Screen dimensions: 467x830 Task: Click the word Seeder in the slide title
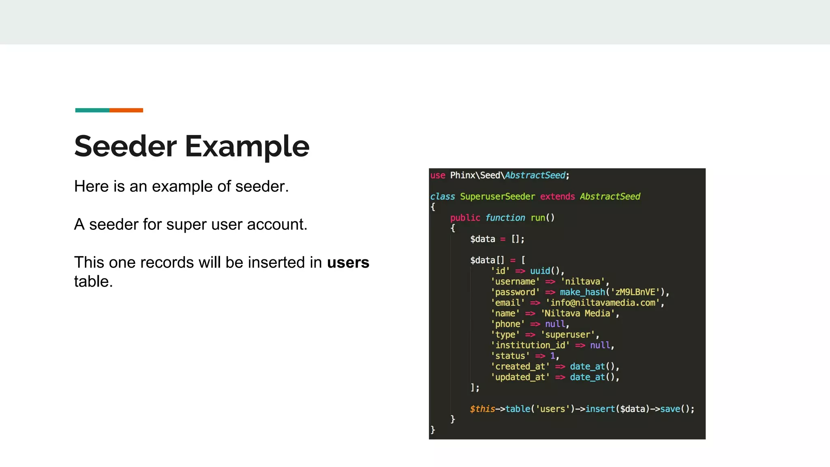click(x=125, y=146)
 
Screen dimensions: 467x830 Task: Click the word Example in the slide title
click(x=247, y=146)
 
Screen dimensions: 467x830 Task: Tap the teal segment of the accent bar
click(x=92, y=110)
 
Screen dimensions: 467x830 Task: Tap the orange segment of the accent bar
click(x=126, y=110)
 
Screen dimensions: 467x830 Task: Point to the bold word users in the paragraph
click(x=348, y=263)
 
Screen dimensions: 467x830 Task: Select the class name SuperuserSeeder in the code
click(x=497, y=197)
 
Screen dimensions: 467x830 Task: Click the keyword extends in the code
click(x=557, y=197)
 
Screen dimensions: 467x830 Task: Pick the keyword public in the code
click(x=465, y=218)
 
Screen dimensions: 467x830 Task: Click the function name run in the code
click(x=538, y=218)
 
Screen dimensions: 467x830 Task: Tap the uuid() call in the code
click(x=544, y=271)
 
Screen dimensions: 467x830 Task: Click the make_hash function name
click(x=582, y=292)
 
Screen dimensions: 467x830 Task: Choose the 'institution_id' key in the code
click(x=530, y=345)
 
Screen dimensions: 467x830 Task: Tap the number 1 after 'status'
click(x=552, y=356)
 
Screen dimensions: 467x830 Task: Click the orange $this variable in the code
click(x=482, y=409)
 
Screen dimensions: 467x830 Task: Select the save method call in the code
click(x=670, y=409)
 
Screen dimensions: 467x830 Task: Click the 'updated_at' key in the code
click(x=520, y=377)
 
